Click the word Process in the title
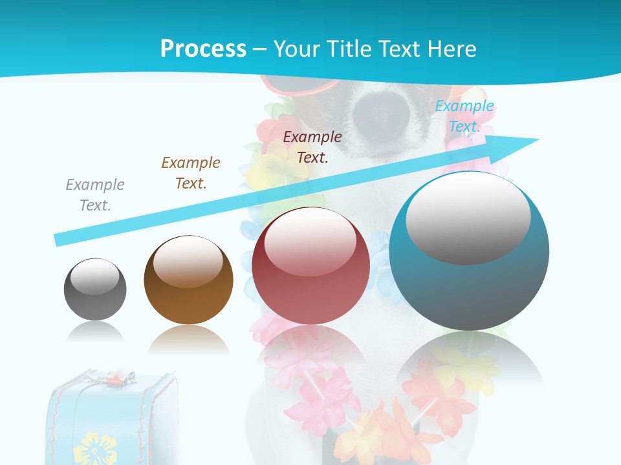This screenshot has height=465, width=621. point(203,48)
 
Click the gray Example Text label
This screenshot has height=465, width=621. point(95,195)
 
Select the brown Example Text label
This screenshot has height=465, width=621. point(191,173)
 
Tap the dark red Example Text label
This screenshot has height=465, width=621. point(312,147)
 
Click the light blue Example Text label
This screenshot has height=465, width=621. point(464,116)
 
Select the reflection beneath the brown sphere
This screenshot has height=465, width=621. point(188,338)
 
